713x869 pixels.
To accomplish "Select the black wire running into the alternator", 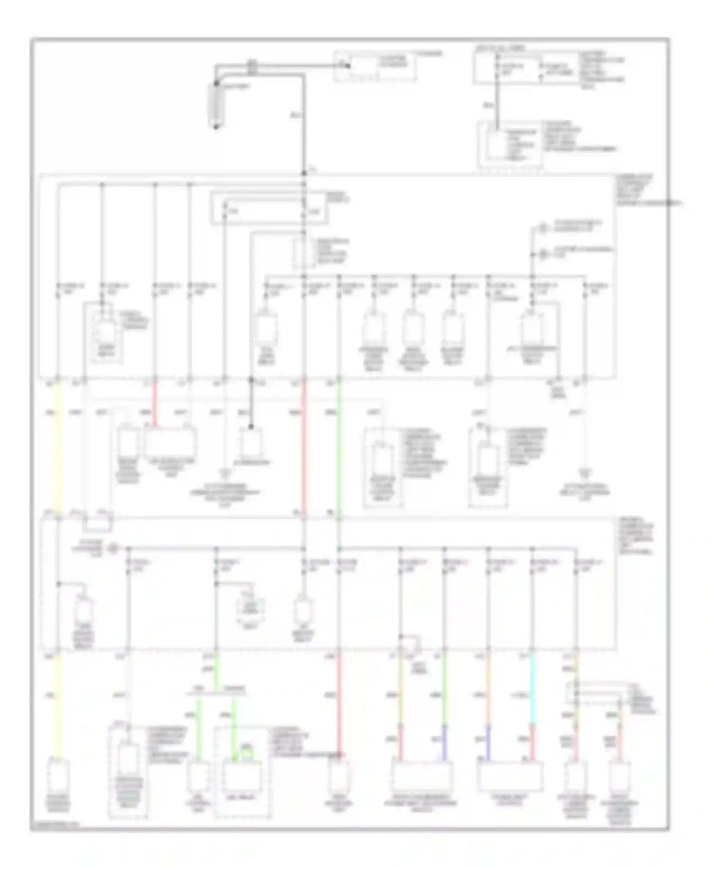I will point(251,404).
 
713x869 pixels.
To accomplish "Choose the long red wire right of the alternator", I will point(304,447).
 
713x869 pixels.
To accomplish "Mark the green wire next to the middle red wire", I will point(339,447).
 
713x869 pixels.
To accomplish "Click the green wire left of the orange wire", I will point(445,689).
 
